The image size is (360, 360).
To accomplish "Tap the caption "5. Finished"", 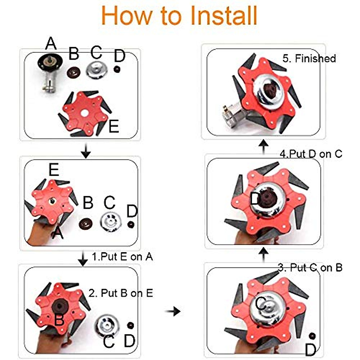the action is (309, 58).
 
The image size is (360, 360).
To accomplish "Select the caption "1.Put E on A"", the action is (122, 257).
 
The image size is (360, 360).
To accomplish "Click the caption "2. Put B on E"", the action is (121, 293).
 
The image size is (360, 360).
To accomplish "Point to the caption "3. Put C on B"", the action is (310, 268).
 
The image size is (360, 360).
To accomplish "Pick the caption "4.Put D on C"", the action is (311, 154).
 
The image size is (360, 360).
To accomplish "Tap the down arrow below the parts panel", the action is (86, 151).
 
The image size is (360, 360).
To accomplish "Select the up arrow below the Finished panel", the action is (263, 146).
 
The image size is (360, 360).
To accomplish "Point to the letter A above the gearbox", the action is (51, 44).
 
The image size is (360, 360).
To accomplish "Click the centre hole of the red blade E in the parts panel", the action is (85, 112).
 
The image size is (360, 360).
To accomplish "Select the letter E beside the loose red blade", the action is (113, 127).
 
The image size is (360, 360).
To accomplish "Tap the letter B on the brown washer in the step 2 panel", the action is (59, 320).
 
